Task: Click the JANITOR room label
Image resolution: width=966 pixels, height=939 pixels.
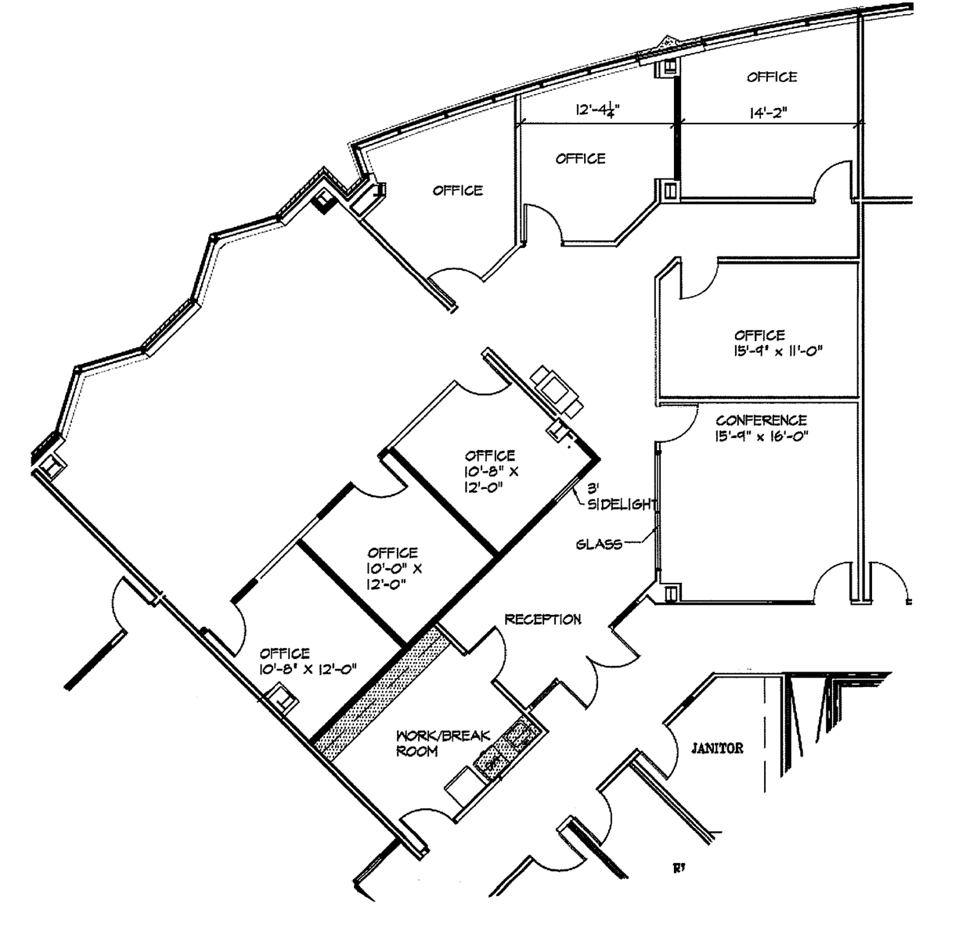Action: [x=717, y=748]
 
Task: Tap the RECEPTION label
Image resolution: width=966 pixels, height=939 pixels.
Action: [x=542, y=620]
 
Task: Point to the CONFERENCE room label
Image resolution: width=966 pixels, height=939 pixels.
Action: [x=761, y=420]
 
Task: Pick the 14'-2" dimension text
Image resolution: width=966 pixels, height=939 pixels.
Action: [x=768, y=113]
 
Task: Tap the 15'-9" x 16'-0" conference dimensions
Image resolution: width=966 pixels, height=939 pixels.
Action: [x=762, y=437]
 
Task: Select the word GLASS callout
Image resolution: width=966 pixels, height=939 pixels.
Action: [x=599, y=545]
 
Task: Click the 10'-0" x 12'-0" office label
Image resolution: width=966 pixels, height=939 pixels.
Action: [x=394, y=568]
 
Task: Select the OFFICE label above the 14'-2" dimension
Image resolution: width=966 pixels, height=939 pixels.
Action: [x=772, y=77]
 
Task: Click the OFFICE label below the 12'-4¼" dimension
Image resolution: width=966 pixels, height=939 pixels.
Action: [x=580, y=159]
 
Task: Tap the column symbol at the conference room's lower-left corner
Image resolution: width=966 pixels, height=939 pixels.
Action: [x=670, y=593]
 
